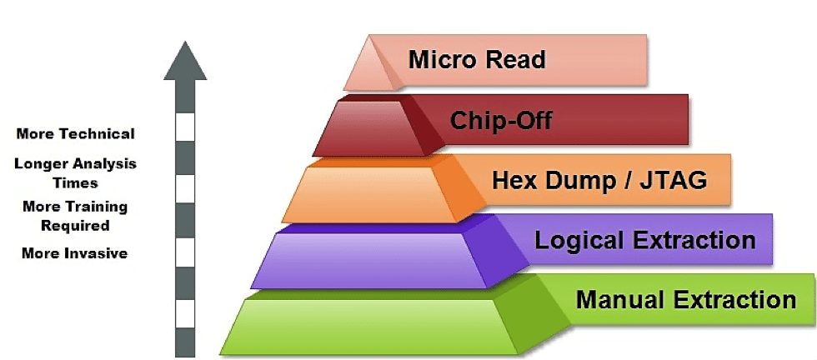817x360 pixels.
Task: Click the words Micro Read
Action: click(x=477, y=60)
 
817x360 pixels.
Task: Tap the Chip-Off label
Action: click(x=501, y=121)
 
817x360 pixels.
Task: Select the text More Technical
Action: click(x=75, y=134)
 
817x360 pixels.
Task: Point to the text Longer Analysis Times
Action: click(x=75, y=173)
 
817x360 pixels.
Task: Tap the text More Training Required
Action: click(x=75, y=216)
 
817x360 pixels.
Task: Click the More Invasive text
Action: click(x=75, y=253)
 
